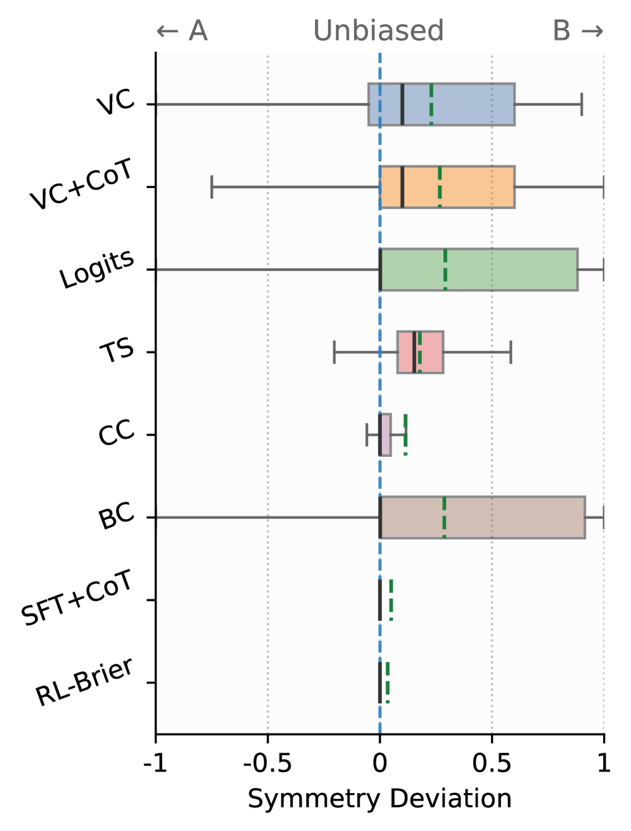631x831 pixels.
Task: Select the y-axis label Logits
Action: coord(97,269)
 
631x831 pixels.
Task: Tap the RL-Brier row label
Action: coord(84,682)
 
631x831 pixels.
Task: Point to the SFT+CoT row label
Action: coord(77,597)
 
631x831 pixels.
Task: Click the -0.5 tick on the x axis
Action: coord(267,763)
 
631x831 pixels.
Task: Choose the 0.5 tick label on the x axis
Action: coord(492,763)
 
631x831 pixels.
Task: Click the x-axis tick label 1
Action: coord(604,763)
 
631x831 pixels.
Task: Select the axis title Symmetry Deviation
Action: coord(379,799)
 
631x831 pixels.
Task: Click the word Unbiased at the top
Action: coord(378,31)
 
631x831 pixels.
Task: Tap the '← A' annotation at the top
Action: coord(182,31)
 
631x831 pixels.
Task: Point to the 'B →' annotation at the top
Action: coord(578,31)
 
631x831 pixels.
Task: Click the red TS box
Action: coord(428,352)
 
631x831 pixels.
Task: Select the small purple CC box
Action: coord(386,435)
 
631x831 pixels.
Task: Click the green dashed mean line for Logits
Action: coord(445,270)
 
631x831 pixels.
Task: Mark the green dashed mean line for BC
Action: coord(444,518)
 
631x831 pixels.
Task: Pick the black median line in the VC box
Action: coord(402,104)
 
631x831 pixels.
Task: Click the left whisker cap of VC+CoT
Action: coord(212,187)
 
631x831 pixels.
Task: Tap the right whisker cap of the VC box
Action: coord(582,104)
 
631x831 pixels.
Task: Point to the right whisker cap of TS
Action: coord(511,352)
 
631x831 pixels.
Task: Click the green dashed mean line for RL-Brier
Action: coord(388,682)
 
